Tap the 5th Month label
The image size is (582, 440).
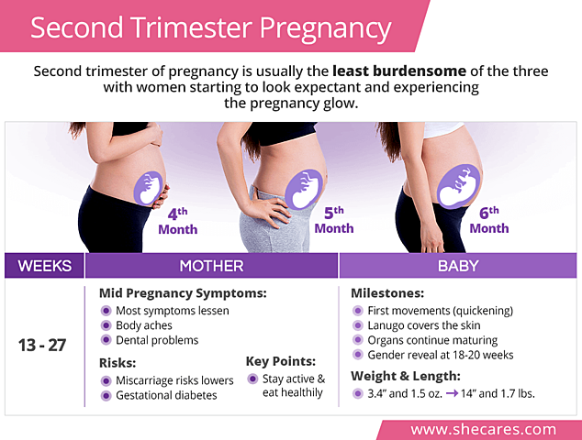click(x=333, y=221)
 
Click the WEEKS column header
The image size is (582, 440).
click(x=44, y=266)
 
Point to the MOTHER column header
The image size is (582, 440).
click(x=211, y=266)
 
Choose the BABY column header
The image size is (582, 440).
click(x=459, y=266)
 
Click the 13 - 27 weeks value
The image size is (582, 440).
click(x=41, y=346)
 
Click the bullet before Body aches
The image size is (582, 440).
click(x=106, y=325)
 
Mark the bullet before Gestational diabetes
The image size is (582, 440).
click(x=106, y=395)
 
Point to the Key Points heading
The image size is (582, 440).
click(x=281, y=360)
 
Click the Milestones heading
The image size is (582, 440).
click(x=388, y=293)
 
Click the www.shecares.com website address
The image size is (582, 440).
click(x=483, y=429)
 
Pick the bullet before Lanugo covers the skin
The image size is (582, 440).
click(x=359, y=325)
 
